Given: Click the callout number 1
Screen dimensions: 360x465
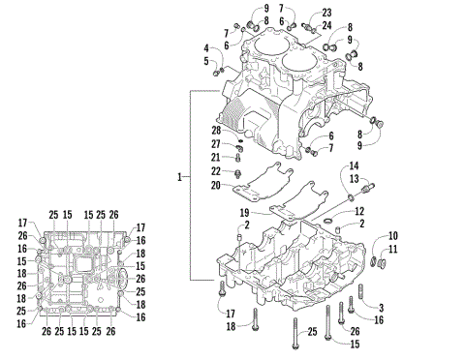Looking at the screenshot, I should [180, 177].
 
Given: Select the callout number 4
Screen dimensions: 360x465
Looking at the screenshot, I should [206, 47].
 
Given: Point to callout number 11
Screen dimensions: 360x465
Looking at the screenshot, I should [393, 249].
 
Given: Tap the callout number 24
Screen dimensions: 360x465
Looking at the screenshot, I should [326, 24].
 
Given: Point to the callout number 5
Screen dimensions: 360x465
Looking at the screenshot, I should [206, 61].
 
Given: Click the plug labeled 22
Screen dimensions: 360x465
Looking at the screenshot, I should [237, 172].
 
